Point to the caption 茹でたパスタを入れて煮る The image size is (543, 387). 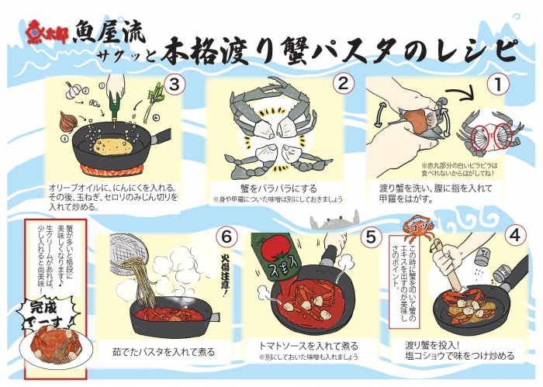tap(163, 351)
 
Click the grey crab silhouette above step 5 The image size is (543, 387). tap(325, 225)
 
